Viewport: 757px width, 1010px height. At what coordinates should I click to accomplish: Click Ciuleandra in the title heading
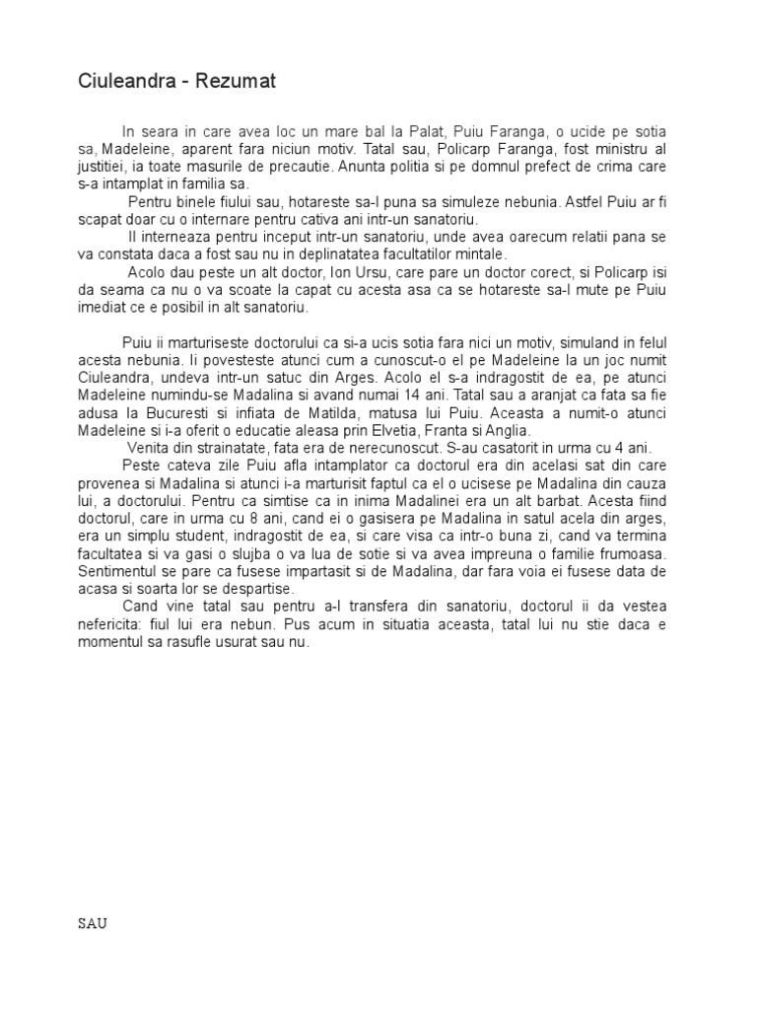[x=127, y=82]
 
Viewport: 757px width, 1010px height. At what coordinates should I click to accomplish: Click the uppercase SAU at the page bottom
[x=93, y=924]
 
